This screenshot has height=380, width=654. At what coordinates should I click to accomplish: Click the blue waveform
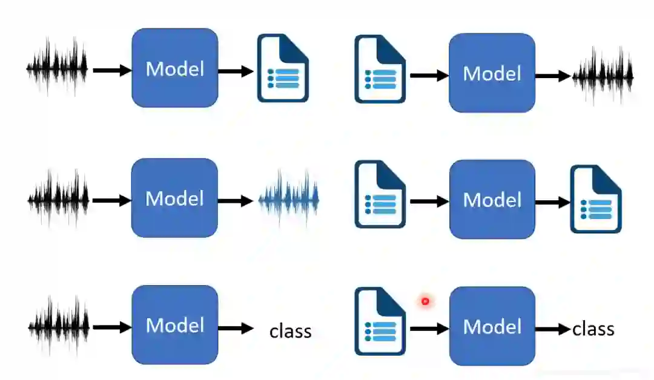(x=289, y=198)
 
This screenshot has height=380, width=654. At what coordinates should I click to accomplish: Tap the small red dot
(x=425, y=301)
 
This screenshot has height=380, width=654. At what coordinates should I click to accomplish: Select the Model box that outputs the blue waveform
(x=174, y=198)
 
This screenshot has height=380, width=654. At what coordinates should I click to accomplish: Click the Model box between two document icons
(x=492, y=199)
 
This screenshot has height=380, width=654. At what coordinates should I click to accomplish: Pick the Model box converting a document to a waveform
(x=492, y=73)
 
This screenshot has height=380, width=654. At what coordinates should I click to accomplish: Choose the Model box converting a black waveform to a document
(x=174, y=68)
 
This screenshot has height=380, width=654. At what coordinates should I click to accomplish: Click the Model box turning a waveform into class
(x=174, y=325)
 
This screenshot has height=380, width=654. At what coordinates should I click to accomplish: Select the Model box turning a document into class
(x=492, y=326)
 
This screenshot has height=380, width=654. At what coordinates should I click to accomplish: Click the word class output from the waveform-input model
(x=291, y=331)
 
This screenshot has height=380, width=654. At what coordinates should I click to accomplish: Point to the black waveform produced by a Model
(x=603, y=75)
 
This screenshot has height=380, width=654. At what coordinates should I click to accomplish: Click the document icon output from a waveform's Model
(x=283, y=68)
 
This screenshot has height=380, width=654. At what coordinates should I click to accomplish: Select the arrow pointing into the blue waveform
(x=235, y=201)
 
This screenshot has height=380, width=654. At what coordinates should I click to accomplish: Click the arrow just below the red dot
(x=429, y=329)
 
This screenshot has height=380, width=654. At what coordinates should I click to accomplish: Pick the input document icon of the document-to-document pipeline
(x=380, y=194)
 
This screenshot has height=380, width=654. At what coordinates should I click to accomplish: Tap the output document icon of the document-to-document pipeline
(x=596, y=200)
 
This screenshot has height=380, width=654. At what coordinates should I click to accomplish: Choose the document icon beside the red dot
(x=380, y=321)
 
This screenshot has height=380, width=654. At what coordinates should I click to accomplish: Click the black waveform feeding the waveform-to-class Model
(x=58, y=325)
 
